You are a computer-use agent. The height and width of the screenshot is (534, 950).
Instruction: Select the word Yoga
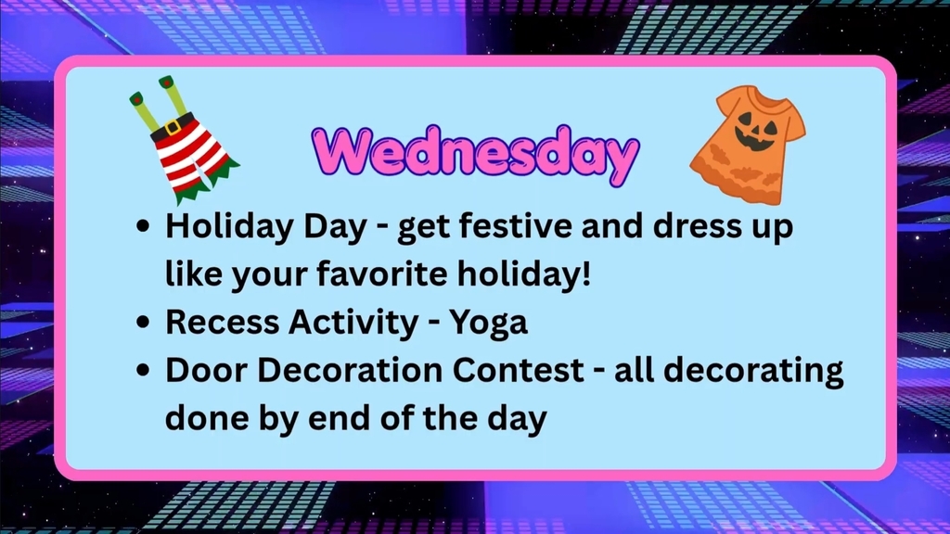(x=489, y=323)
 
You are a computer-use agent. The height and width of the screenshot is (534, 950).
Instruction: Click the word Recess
(x=223, y=322)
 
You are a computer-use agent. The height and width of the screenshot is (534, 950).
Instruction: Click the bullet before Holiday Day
(x=144, y=228)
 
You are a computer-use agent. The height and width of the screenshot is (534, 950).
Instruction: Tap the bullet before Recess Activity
(x=144, y=323)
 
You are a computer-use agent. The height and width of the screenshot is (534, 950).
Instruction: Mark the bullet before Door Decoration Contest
(x=144, y=371)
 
